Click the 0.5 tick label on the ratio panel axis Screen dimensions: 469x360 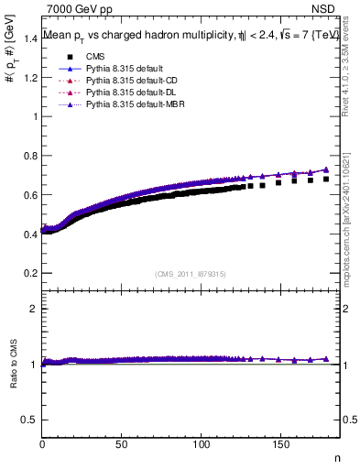[29, 420]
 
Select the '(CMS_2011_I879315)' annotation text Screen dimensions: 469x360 [191, 272]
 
